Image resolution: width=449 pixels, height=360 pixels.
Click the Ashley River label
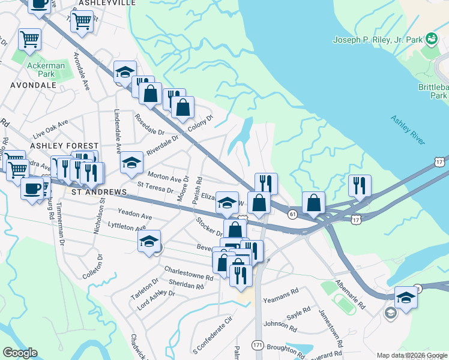click(408, 129)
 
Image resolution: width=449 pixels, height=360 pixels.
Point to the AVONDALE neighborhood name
click(33, 85)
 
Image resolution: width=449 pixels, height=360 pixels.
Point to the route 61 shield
click(292, 213)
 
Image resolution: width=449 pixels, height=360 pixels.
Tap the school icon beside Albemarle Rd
click(406, 298)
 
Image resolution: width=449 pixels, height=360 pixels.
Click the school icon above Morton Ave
click(131, 163)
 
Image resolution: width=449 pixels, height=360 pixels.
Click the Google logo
click(20, 353)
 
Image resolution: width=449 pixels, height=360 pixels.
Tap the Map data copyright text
click(412, 355)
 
